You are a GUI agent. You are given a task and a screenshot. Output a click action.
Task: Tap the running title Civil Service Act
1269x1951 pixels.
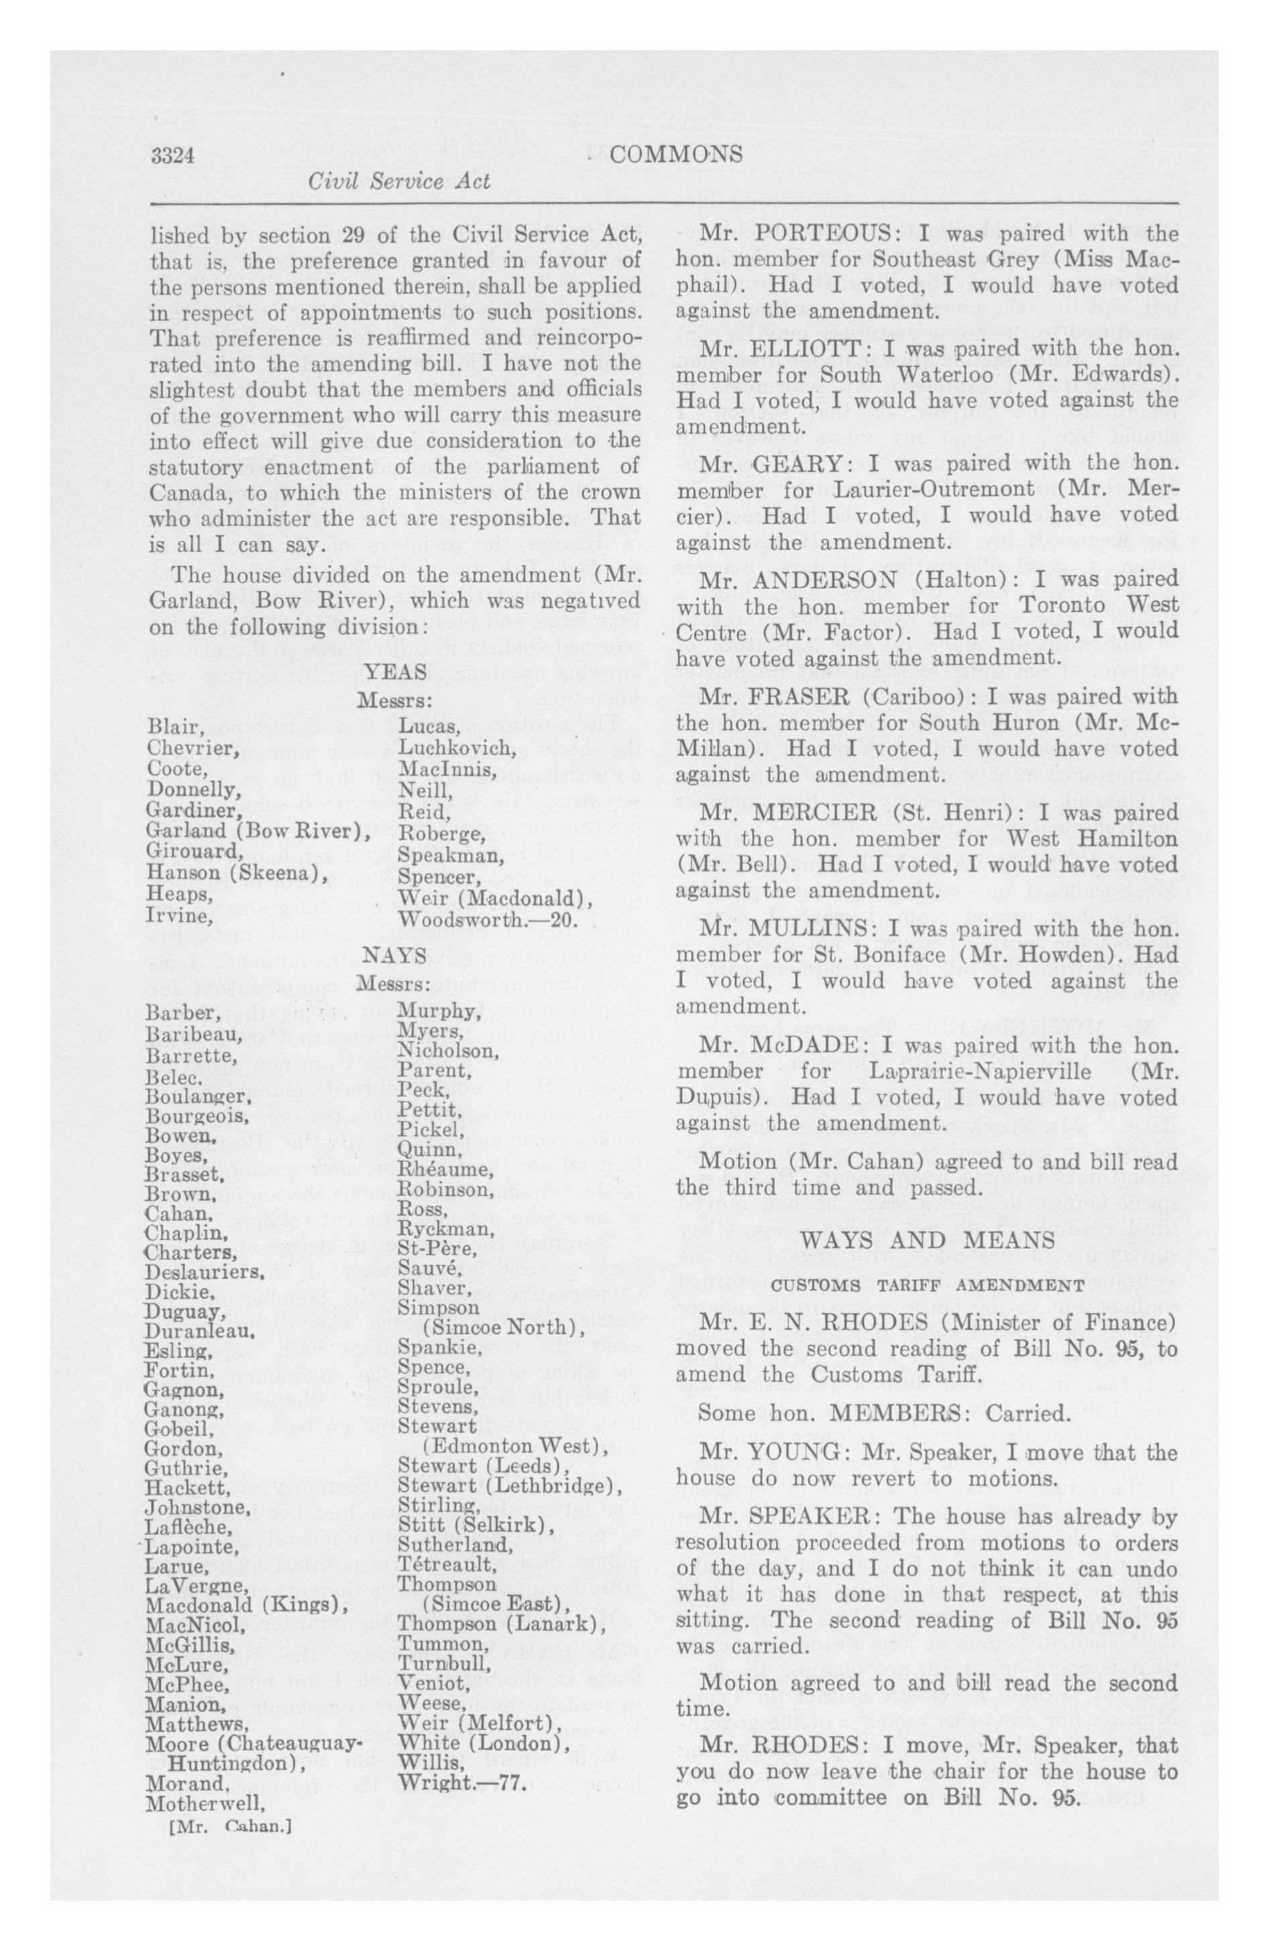[399, 182]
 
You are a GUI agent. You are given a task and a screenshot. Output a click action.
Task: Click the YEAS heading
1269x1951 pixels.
[396, 672]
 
